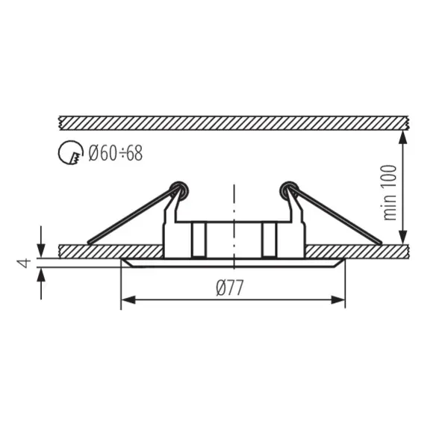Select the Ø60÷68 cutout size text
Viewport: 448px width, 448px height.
(115, 154)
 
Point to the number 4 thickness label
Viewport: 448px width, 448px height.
(23, 262)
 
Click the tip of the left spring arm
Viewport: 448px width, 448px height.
(90, 241)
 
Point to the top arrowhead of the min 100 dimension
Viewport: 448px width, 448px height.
(404, 136)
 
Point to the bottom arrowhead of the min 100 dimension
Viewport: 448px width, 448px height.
(404, 237)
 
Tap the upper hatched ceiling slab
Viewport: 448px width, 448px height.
(231, 122)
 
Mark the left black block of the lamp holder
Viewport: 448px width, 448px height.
(198, 239)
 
